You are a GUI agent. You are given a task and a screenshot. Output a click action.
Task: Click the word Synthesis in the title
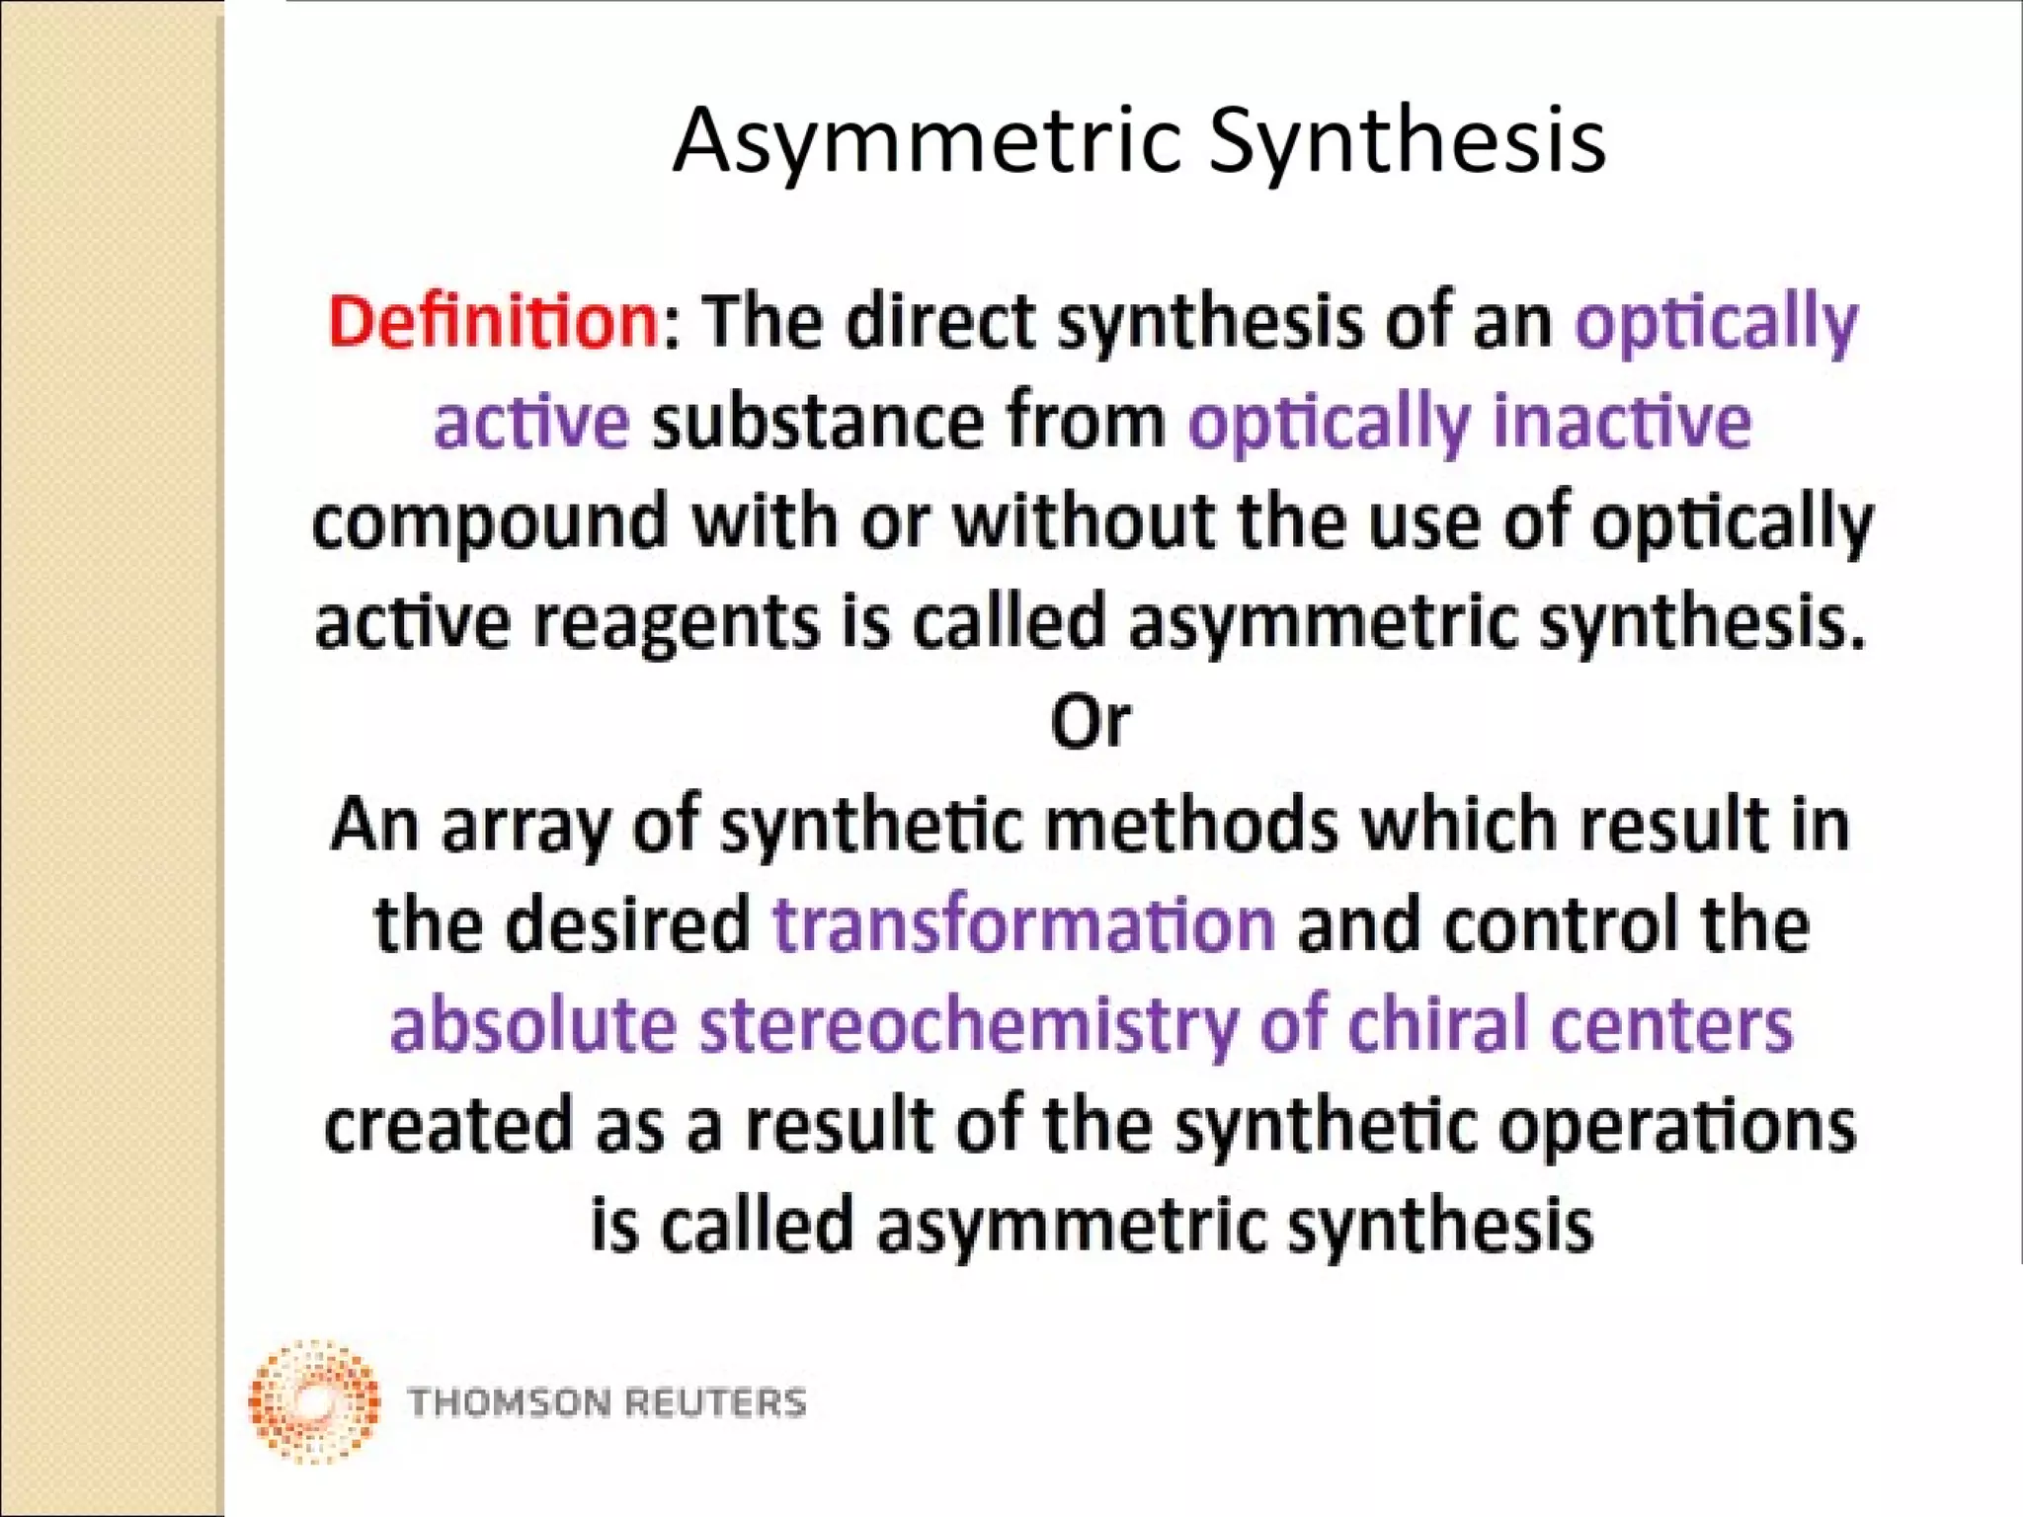1407,141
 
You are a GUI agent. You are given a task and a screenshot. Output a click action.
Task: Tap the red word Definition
493,322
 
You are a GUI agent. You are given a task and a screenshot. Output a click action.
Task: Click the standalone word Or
1090,722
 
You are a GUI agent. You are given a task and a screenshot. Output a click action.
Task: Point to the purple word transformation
1023,924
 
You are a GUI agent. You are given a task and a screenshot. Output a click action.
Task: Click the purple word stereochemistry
968,1024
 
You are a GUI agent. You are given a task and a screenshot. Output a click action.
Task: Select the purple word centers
1670,1024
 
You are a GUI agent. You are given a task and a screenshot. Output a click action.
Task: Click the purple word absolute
533,1024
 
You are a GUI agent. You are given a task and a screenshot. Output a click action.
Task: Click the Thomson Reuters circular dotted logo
314,1401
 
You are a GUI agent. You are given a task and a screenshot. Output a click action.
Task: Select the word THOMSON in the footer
509,1402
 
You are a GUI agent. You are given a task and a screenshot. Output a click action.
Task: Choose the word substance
817,423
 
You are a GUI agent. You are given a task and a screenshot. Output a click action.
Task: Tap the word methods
1190,825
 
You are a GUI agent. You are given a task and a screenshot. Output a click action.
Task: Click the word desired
628,924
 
